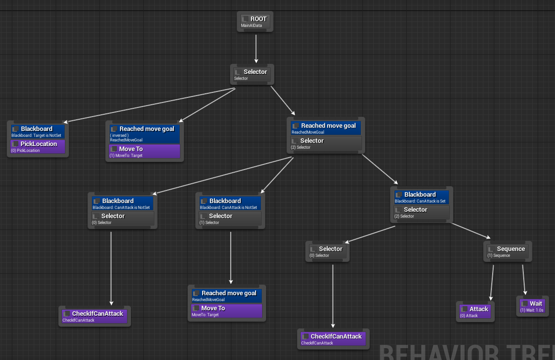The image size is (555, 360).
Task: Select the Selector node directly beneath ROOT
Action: (x=252, y=74)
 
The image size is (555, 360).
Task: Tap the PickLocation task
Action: (x=38, y=146)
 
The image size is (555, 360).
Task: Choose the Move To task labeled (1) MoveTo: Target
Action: (x=145, y=151)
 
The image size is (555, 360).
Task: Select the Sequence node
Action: (x=508, y=251)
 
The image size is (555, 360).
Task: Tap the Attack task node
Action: (x=475, y=312)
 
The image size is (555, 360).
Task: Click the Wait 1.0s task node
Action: (x=533, y=306)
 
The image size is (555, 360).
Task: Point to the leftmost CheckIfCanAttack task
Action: (x=95, y=316)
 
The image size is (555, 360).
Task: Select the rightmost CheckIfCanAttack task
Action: (x=332, y=339)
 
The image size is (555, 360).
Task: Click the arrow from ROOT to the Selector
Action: (x=256, y=48)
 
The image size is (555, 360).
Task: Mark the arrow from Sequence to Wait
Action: (x=524, y=279)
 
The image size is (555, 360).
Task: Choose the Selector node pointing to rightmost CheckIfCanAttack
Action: (x=327, y=251)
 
